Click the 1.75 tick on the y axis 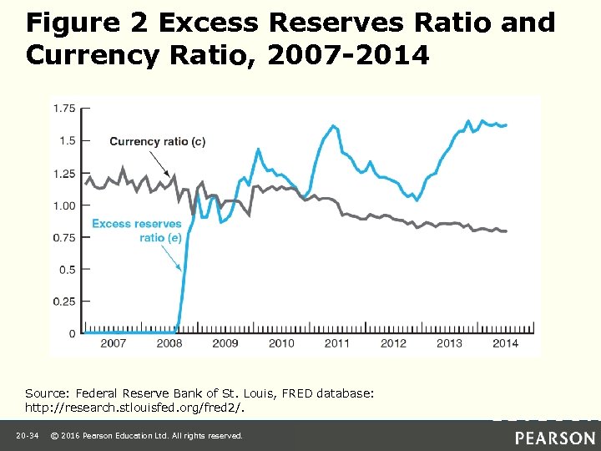(64, 108)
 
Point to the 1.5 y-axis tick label (67, 140)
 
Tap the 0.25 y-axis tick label (64, 302)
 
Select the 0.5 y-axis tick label (67, 269)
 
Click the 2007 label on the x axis (114, 343)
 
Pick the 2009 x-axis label (225, 343)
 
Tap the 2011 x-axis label (337, 343)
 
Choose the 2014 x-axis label (505, 343)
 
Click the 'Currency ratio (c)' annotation (157, 141)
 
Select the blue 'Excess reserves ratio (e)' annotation (137, 231)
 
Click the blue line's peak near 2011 (334, 126)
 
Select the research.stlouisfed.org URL (134, 409)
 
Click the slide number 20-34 (27, 436)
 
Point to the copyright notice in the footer (147, 436)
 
